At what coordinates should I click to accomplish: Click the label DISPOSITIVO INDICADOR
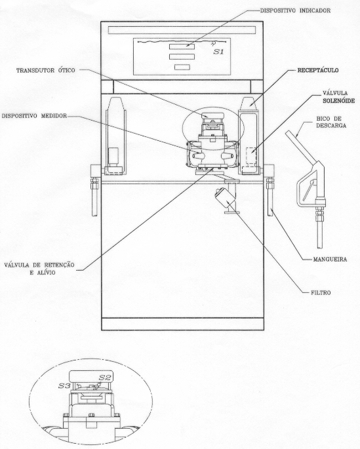click(295, 10)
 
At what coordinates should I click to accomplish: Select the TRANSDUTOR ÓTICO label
click(45, 70)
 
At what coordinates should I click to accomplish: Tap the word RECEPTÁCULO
click(318, 70)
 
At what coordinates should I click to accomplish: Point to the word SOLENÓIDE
click(339, 101)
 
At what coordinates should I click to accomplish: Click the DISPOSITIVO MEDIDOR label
click(34, 116)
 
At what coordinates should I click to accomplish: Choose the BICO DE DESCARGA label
click(331, 122)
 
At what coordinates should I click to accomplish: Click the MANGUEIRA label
click(330, 260)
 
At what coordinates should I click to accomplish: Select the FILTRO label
click(321, 292)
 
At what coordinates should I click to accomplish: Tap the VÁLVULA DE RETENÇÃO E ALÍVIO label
click(39, 269)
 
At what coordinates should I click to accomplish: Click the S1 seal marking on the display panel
click(218, 52)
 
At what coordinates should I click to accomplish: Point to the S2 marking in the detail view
click(104, 378)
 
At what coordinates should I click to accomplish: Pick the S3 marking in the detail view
click(64, 385)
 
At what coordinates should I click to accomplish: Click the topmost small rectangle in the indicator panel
click(182, 47)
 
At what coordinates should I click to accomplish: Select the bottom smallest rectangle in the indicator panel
click(182, 68)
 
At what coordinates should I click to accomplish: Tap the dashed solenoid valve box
click(251, 155)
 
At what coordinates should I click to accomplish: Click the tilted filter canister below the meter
click(224, 197)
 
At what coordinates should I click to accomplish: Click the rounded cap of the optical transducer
click(212, 115)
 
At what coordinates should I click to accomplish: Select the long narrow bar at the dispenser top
click(182, 30)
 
